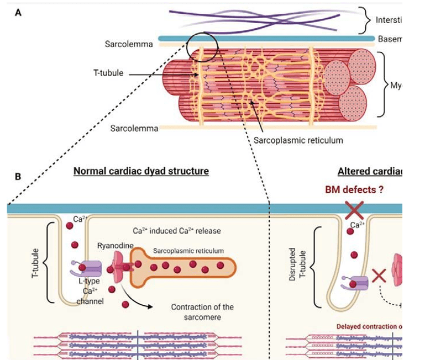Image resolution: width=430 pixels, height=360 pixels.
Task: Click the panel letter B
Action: click(x=18, y=177)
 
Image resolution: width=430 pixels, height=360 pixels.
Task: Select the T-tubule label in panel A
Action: click(x=108, y=72)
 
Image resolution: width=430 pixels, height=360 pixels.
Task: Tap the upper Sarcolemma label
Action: click(x=129, y=43)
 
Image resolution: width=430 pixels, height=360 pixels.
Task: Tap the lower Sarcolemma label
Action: click(x=134, y=128)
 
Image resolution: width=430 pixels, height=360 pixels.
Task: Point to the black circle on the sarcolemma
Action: click(x=202, y=46)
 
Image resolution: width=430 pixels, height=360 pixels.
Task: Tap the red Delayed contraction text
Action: click(x=366, y=327)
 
